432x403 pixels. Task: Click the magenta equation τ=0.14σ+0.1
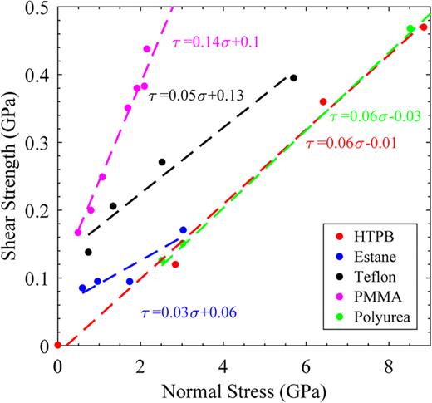tap(219, 41)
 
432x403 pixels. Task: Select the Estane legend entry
tap(376, 248)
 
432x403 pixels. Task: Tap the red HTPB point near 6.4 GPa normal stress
tap(323, 101)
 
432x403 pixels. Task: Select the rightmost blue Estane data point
tap(183, 229)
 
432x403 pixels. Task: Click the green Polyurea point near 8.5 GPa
tap(410, 29)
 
